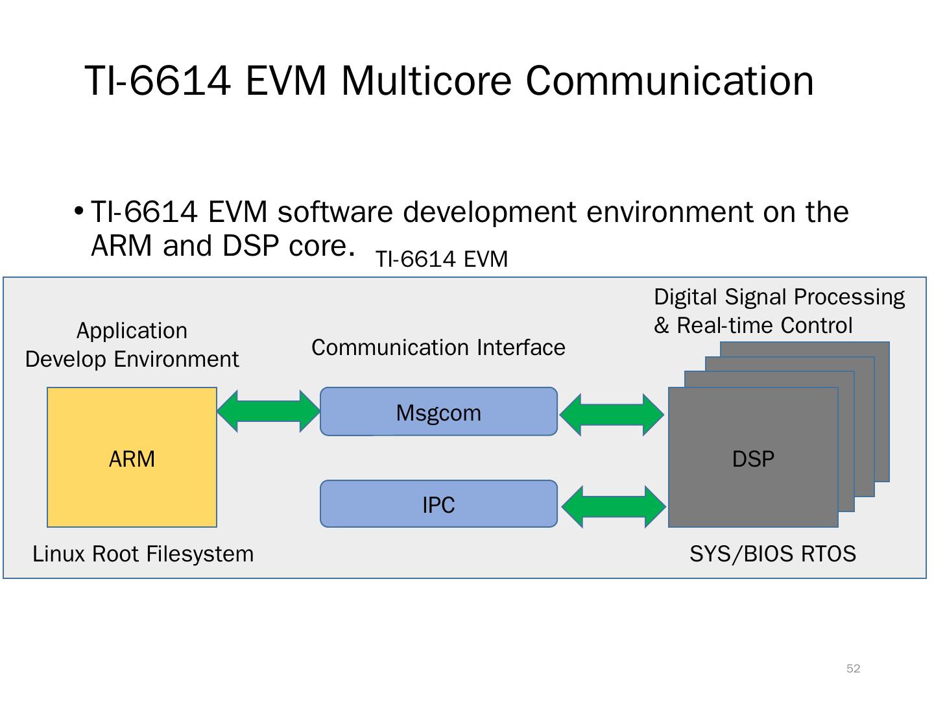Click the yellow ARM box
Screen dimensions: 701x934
[x=132, y=458]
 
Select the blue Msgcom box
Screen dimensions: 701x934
[x=438, y=412]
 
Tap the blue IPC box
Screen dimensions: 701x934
[x=438, y=504]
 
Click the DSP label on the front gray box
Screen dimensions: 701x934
[x=753, y=459]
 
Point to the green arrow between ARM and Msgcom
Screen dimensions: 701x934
[x=269, y=411]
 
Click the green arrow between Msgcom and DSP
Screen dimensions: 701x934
[x=612, y=414]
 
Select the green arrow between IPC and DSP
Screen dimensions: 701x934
[x=613, y=506]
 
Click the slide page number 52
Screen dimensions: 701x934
[x=853, y=669]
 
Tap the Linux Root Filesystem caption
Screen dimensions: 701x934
[x=143, y=554]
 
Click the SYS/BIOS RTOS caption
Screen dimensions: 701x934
[x=772, y=554]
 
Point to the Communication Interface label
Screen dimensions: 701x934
[x=438, y=347]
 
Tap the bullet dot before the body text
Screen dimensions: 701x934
[x=78, y=211]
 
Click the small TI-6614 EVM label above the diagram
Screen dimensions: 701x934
[x=441, y=260]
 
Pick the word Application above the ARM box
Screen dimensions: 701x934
[x=132, y=330]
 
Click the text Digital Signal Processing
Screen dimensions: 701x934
[x=779, y=297]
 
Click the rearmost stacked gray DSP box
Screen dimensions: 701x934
[x=882, y=415]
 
